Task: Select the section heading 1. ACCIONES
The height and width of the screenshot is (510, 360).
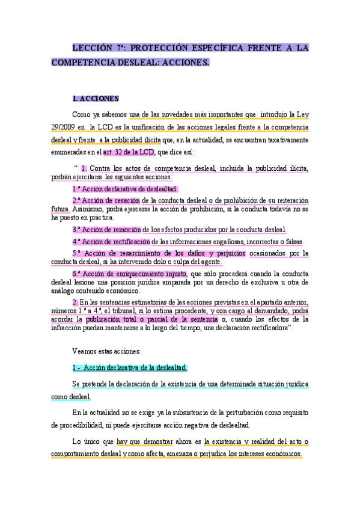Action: click(x=96, y=98)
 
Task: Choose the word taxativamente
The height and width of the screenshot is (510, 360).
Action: click(x=284, y=140)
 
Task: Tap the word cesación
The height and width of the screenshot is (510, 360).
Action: click(x=127, y=200)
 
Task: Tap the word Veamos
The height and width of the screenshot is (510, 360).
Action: click(x=84, y=351)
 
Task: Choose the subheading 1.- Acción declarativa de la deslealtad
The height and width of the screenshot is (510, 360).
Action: click(x=130, y=367)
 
